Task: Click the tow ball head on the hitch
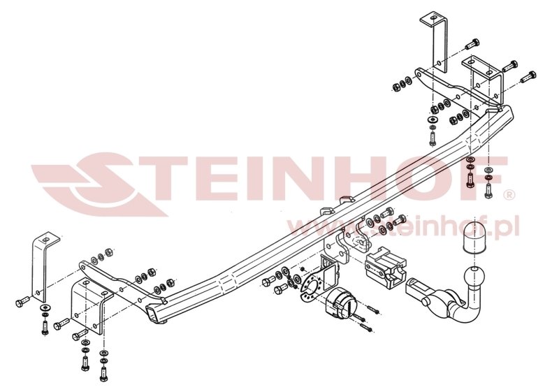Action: (474, 276)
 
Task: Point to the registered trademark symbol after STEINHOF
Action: (509, 195)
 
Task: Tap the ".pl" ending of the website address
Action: (504, 228)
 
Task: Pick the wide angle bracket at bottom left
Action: (89, 305)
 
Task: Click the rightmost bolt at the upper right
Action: (528, 77)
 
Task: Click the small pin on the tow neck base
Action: (424, 302)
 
